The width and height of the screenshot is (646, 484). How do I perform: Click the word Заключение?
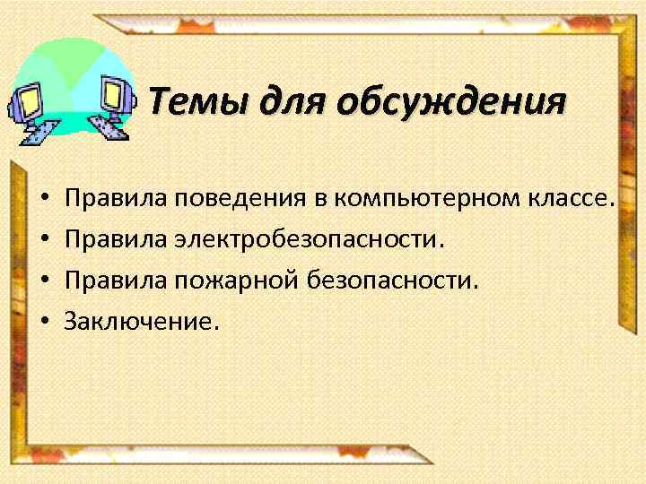[140, 321]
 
